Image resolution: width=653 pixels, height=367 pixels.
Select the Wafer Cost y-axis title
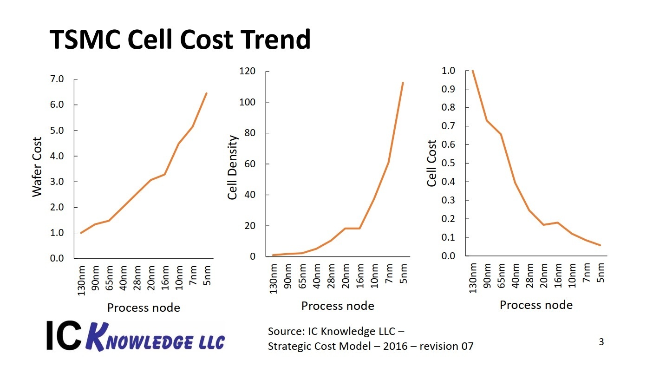click(37, 167)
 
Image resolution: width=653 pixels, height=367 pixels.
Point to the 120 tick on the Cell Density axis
click(248, 72)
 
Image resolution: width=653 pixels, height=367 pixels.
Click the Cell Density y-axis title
click(233, 168)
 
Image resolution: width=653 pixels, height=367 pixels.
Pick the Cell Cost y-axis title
click(432, 163)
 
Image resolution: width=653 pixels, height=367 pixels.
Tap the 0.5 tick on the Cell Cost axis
click(449, 163)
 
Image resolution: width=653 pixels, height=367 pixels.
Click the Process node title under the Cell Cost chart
click(536, 305)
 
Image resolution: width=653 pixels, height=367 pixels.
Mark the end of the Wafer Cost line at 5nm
click(206, 93)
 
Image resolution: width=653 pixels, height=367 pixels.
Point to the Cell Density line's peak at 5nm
click(403, 83)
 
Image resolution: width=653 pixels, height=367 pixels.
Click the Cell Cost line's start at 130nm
click(472, 71)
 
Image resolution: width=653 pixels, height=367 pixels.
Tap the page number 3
click(601, 342)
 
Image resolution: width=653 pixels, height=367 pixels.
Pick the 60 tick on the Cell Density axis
click(250, 164)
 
